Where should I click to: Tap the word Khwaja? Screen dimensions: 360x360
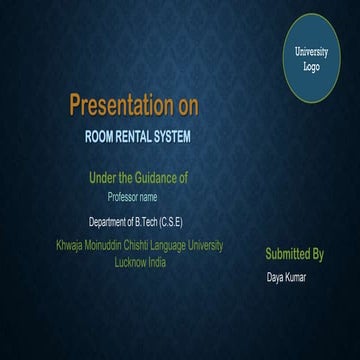click(x=72, y=246)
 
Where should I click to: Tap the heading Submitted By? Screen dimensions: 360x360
click(x=294, y=254)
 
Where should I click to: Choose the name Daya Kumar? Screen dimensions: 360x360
click(x=286, y=277)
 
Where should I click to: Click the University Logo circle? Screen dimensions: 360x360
click(x=311, y=58)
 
